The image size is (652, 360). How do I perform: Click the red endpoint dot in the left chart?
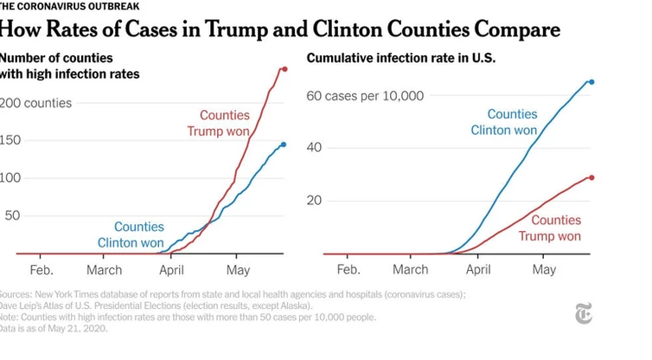click(x=285, y=68)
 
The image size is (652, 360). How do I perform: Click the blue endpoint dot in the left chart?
click(x=284, y=145)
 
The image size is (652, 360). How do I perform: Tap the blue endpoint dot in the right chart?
click(x=591, y=82)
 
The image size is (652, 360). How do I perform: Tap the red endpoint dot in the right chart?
click(x=591, y=177)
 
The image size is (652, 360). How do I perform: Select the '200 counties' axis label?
click(x=35, y=103)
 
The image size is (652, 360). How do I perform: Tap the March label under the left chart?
click(x=104, y=270)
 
